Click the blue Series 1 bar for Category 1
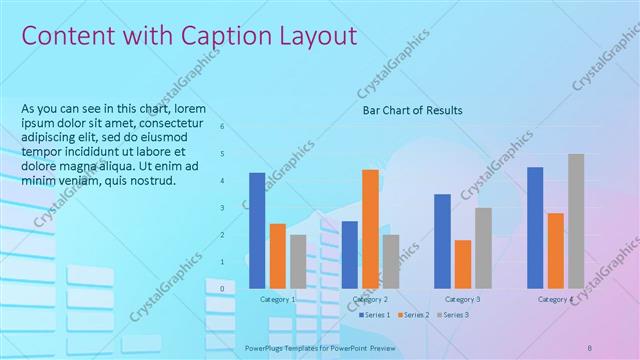(x=257, y=230)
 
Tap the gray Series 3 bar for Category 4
(x=576, y=221)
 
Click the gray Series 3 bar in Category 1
(x=298, y=261)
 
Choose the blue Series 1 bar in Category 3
(x=442, y=241)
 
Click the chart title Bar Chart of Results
(x=412, y=110)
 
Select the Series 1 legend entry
(x=375, y=315)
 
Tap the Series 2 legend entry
(x=414, y=315)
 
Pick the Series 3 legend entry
(x=452, y=315)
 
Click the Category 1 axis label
(x=277, y=299)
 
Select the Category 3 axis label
(x=462, y=299)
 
